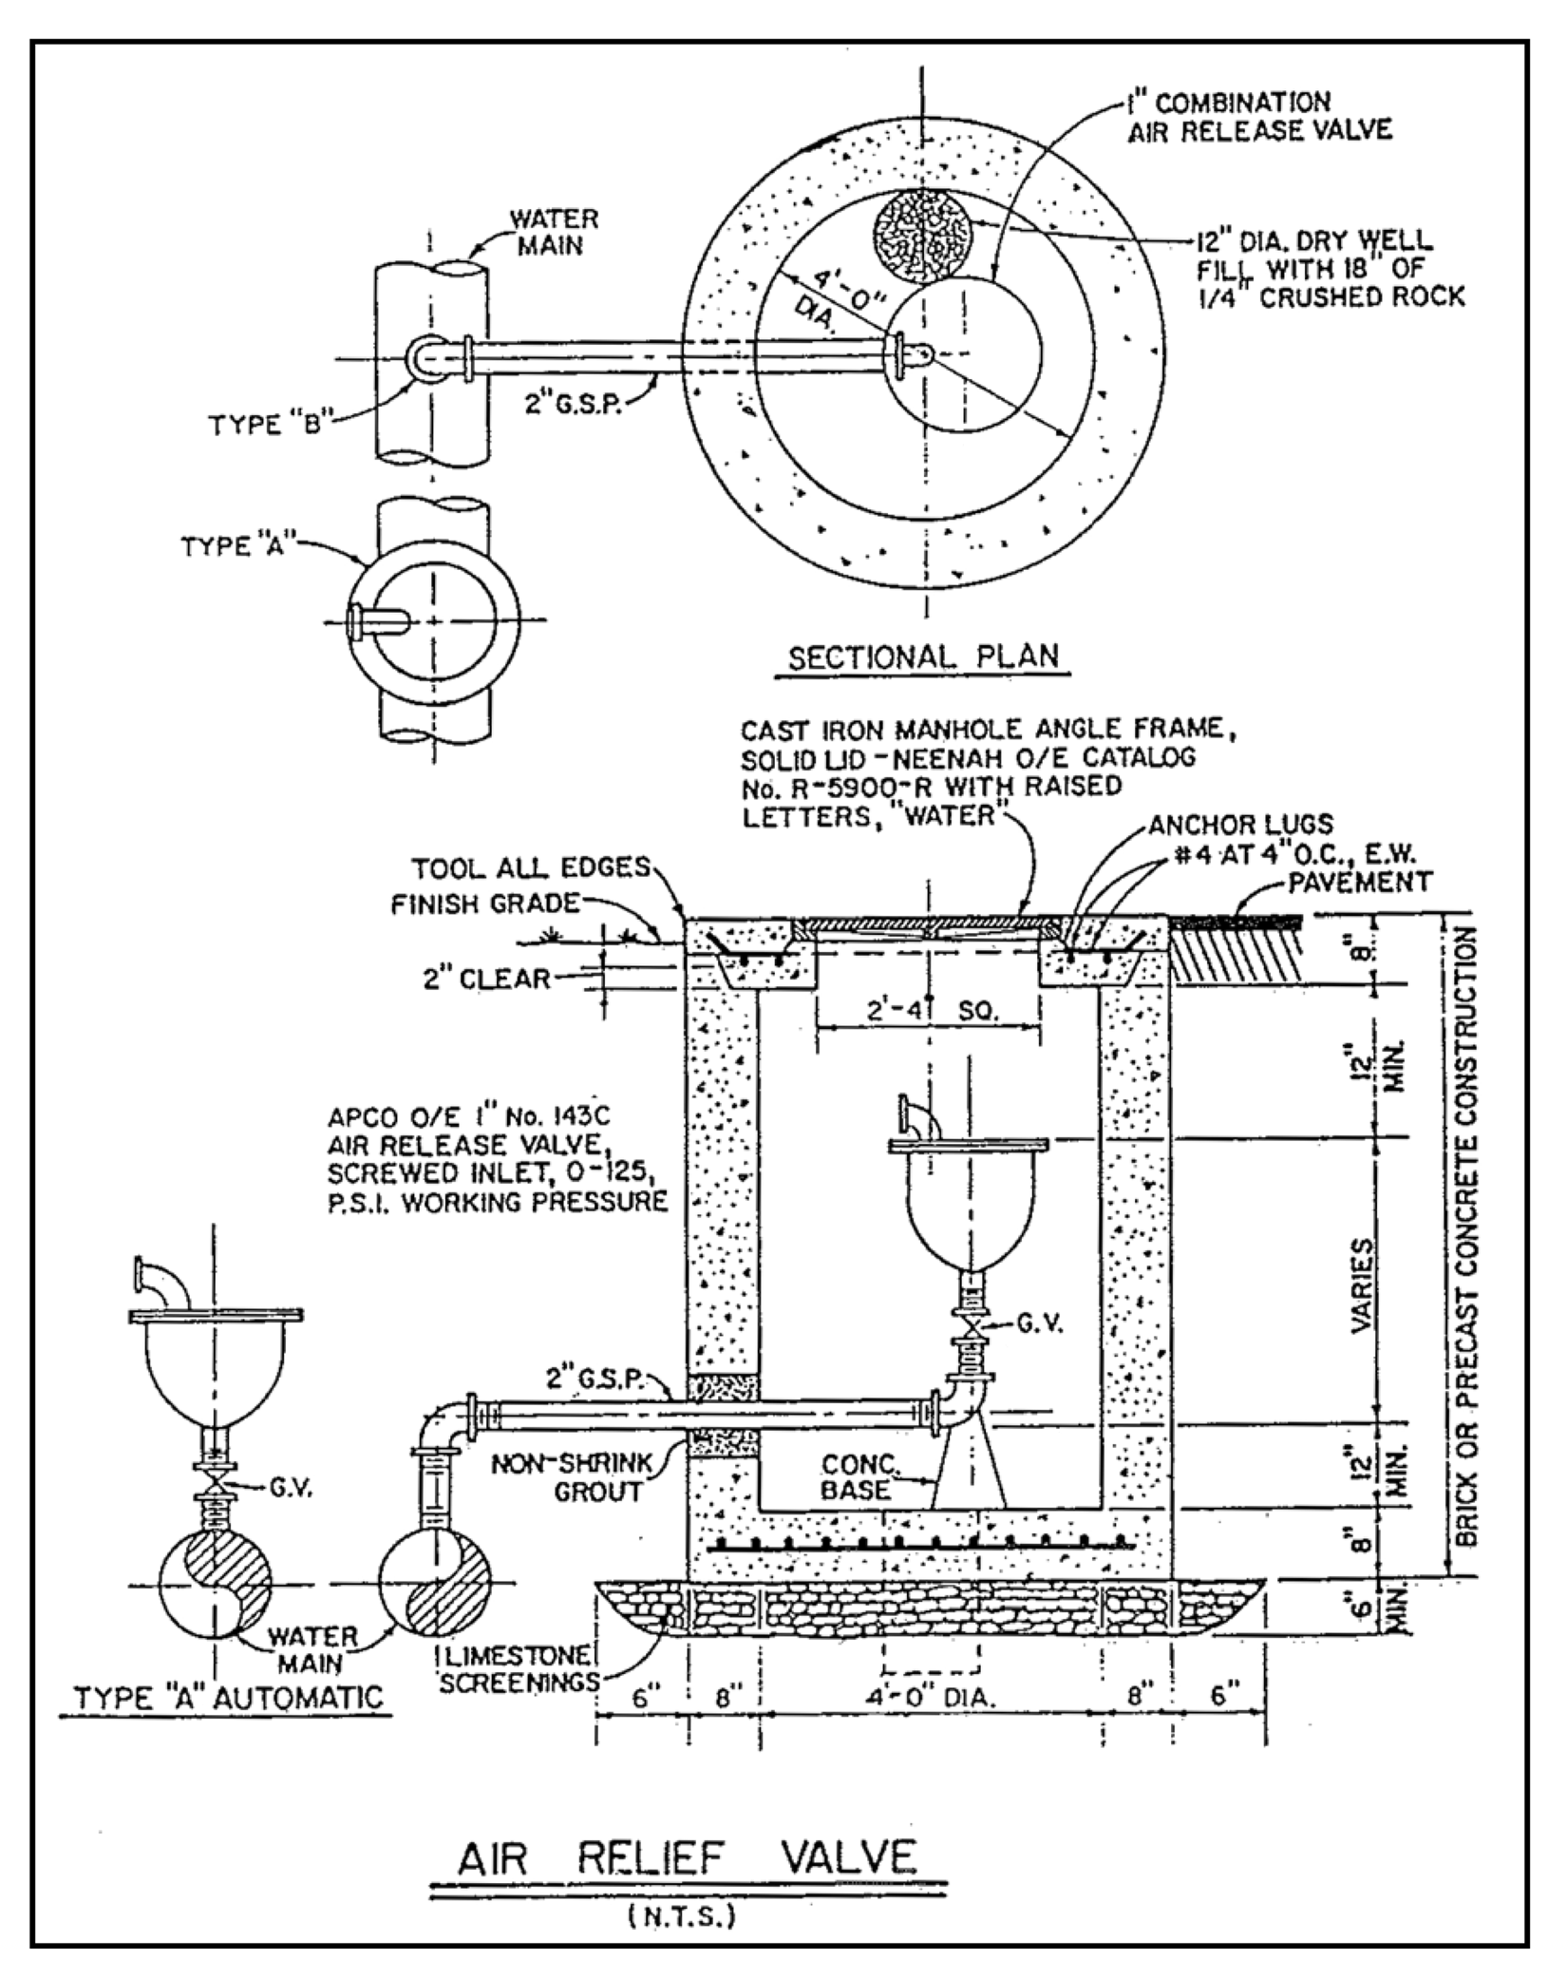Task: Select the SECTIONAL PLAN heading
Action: click(x=923, y=657)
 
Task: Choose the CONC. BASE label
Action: click(x=858, y=1476)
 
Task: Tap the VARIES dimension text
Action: click(x=1362, y=1287)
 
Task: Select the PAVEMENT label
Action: click(x=1359, y=881)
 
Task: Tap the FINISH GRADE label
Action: click(x=484, y=903)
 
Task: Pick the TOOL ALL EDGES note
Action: click(x=531, y=867)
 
